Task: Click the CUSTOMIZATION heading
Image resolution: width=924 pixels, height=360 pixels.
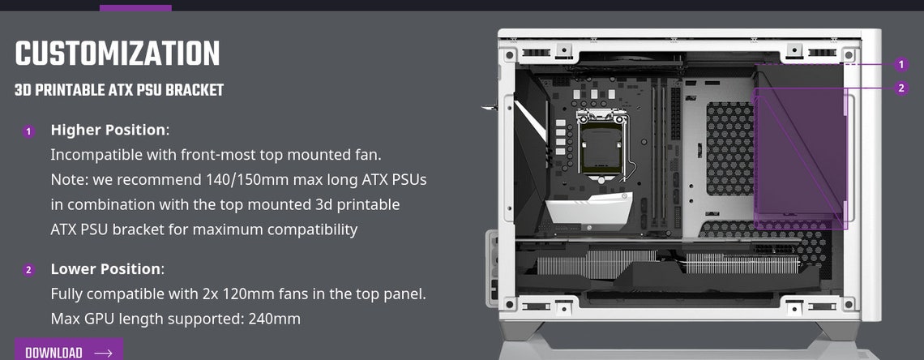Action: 118,54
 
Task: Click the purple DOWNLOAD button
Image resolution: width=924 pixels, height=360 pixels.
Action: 69,352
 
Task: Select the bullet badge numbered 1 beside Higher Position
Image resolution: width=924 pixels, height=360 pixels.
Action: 29,131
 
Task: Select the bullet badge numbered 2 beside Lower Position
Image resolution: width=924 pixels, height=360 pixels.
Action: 29,270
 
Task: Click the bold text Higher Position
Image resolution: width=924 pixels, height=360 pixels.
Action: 109,130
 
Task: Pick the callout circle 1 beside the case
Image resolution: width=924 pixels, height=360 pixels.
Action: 901,64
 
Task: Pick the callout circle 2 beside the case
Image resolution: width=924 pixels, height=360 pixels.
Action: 901,88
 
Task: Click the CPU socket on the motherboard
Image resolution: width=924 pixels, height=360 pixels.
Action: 601,146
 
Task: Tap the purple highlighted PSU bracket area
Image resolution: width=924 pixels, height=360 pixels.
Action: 798,154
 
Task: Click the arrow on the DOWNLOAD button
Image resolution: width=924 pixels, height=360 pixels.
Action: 103,354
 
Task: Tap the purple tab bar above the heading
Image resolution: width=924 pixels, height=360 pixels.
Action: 135,8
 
